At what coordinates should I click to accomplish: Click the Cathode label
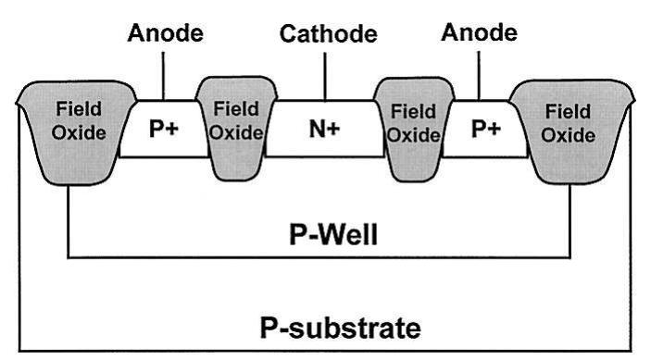tap(329, 35)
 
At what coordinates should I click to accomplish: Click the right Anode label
tap(479, 33)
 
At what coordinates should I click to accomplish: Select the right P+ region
tap(485, 129)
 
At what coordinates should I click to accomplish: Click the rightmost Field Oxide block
tap(569, 125)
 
